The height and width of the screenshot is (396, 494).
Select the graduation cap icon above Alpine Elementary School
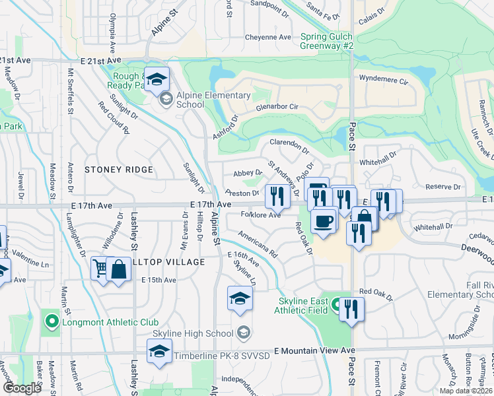(157, 80)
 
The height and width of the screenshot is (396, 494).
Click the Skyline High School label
(193, 333)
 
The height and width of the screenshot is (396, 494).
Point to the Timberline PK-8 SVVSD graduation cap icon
(159, 353)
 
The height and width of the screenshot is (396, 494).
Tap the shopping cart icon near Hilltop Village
(100, 269)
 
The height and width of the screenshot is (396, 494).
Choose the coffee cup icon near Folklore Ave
(323, 220)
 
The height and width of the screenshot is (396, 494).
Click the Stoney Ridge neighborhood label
(119, 170)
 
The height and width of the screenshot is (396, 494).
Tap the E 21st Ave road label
(16, 60)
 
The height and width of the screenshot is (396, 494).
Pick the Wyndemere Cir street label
(384, 78)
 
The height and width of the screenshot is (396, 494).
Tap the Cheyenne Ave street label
(267, 37)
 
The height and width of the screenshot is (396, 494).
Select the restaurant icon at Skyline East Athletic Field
(352, 310)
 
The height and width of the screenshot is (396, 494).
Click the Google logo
(22, 388)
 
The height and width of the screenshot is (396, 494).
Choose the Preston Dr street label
(241, 193)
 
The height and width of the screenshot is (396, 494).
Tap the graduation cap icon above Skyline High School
(240, 298)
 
